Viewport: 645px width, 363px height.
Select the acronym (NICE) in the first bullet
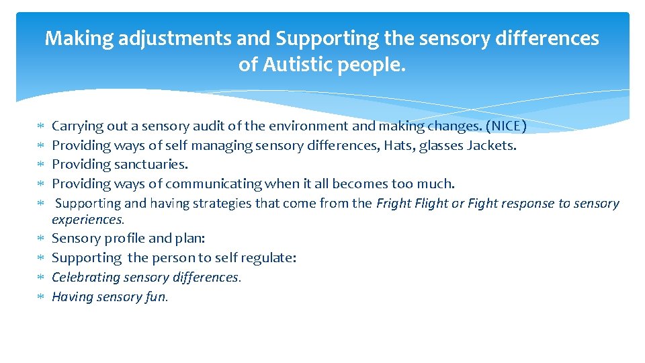click(x=506, y=126)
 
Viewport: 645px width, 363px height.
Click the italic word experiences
click(x=87, y=220)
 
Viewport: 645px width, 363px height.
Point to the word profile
click(x=125, y=239)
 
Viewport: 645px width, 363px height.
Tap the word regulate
click(x=269, y=257)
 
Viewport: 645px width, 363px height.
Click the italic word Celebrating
click(x=87, y=277)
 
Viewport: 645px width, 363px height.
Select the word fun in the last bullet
click(x=156, y=296)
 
